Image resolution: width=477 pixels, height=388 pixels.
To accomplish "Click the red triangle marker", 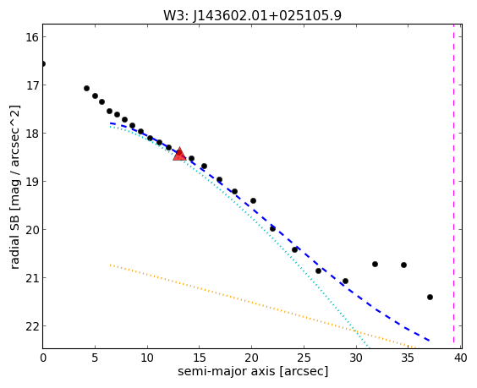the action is (x=179, y=154).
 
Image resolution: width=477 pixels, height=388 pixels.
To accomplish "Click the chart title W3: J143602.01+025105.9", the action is (x=253, y=15).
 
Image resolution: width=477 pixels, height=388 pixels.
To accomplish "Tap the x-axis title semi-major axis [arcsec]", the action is (x=253, y=371).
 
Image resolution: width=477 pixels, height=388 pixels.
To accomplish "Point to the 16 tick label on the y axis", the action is (x=30, y=37).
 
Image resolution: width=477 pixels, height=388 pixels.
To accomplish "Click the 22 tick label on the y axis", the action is (x=30, y=326).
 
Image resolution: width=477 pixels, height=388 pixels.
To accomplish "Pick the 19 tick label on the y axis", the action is (x=30, y=182).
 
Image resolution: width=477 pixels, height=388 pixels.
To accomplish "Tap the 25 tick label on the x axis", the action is (x=304, y=358).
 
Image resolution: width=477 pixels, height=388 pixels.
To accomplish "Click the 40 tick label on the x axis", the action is (x=460, y=358).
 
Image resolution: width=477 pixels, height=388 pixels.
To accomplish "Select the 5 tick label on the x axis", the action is (x=96, y=358).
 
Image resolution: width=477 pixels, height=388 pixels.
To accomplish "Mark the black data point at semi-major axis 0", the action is (x=43, y=64).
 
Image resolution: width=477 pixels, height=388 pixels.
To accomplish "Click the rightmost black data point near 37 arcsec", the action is (x=430, y=297).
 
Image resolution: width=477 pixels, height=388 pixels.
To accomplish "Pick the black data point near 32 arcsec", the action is (x=376, y=265).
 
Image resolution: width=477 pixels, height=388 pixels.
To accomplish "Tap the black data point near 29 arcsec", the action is (x=345, y=281).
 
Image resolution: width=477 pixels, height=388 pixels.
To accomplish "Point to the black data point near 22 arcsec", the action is (x=272, y=228).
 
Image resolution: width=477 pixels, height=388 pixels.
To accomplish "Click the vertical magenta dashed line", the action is (x=453, y=186).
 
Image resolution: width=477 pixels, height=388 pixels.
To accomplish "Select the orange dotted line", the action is (x=264, y=306).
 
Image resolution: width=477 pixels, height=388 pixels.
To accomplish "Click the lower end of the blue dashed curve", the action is (x=430, y=341).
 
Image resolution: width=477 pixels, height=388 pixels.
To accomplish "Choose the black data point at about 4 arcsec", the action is (x=86, y=89).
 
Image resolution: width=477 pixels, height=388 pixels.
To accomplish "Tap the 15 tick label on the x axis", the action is (x=200, y=358).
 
